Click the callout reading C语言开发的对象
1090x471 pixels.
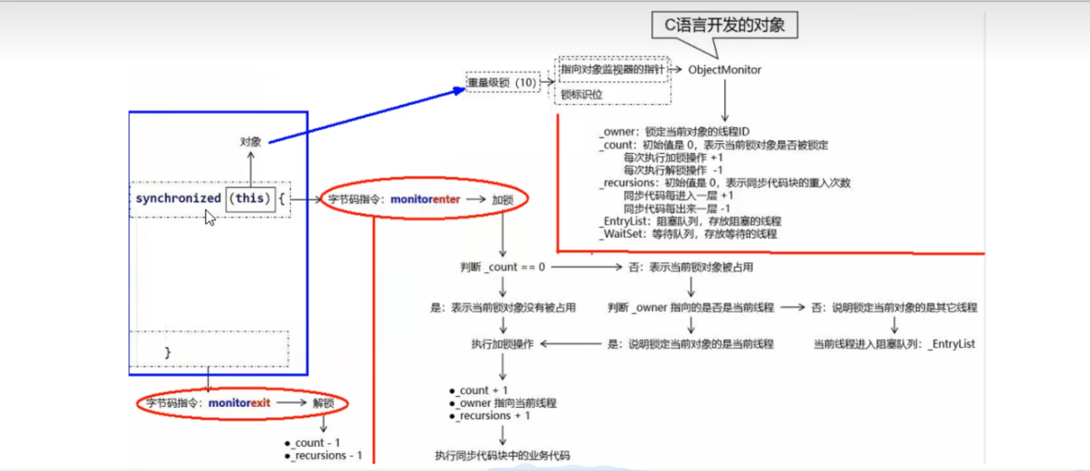[x=724, y=25]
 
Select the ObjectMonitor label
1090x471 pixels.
[x=724, y=70]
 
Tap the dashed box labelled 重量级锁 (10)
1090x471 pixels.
[x=502, y=83]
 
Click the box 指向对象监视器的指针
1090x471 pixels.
[x=612, y=70]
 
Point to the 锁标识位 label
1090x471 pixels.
[x=582, y=94]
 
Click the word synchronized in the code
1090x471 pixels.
[x=178, y=199]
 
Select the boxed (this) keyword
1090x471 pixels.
[x=250, y=199]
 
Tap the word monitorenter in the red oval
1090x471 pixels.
[x=425, y=199]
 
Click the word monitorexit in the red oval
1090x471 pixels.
[x=239, y=403]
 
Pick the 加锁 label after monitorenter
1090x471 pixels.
[x=502, y=200]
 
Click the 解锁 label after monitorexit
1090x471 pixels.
[x=323, y=403]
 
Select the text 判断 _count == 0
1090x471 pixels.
[x=503, y=267]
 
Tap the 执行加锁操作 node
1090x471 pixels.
[x=502, y=344]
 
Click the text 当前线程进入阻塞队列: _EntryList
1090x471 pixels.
[x=894, y=344]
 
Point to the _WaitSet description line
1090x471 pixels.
[x=688, y=234]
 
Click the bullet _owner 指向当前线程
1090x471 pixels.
[x=507, y=403]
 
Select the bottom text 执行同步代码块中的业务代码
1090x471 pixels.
[x=502, y=456]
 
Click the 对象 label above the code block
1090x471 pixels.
[x=250, y=142]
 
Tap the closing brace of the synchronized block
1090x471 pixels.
[x=168, y=353]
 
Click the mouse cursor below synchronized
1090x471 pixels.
[x=210, y=217]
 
